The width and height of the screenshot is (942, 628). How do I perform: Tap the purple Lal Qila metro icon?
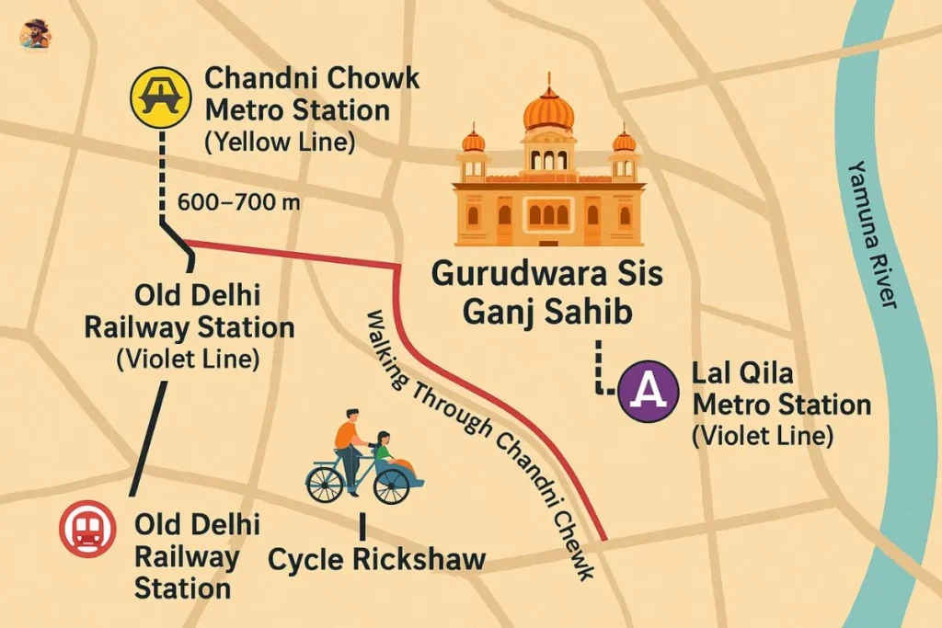click(x=650, y=390)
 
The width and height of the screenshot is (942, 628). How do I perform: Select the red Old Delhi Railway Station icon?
click(x=86, y=529)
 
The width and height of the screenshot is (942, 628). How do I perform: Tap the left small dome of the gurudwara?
click(x=473, y=141)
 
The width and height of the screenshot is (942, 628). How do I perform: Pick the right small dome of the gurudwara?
click(x=625, y=141)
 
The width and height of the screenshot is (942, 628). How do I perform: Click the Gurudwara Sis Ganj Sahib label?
click(x=547, y=292)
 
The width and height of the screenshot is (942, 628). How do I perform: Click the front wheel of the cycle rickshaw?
click(x=324, y=484)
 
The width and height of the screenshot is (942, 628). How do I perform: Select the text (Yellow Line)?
click(x=279, y=143)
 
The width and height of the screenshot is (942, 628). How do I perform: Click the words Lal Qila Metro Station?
click(x=780, y=390)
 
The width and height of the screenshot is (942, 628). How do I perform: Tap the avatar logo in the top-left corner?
click(x=35, y=35)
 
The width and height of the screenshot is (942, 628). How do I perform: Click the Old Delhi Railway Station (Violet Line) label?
click(x=189, y=327)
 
